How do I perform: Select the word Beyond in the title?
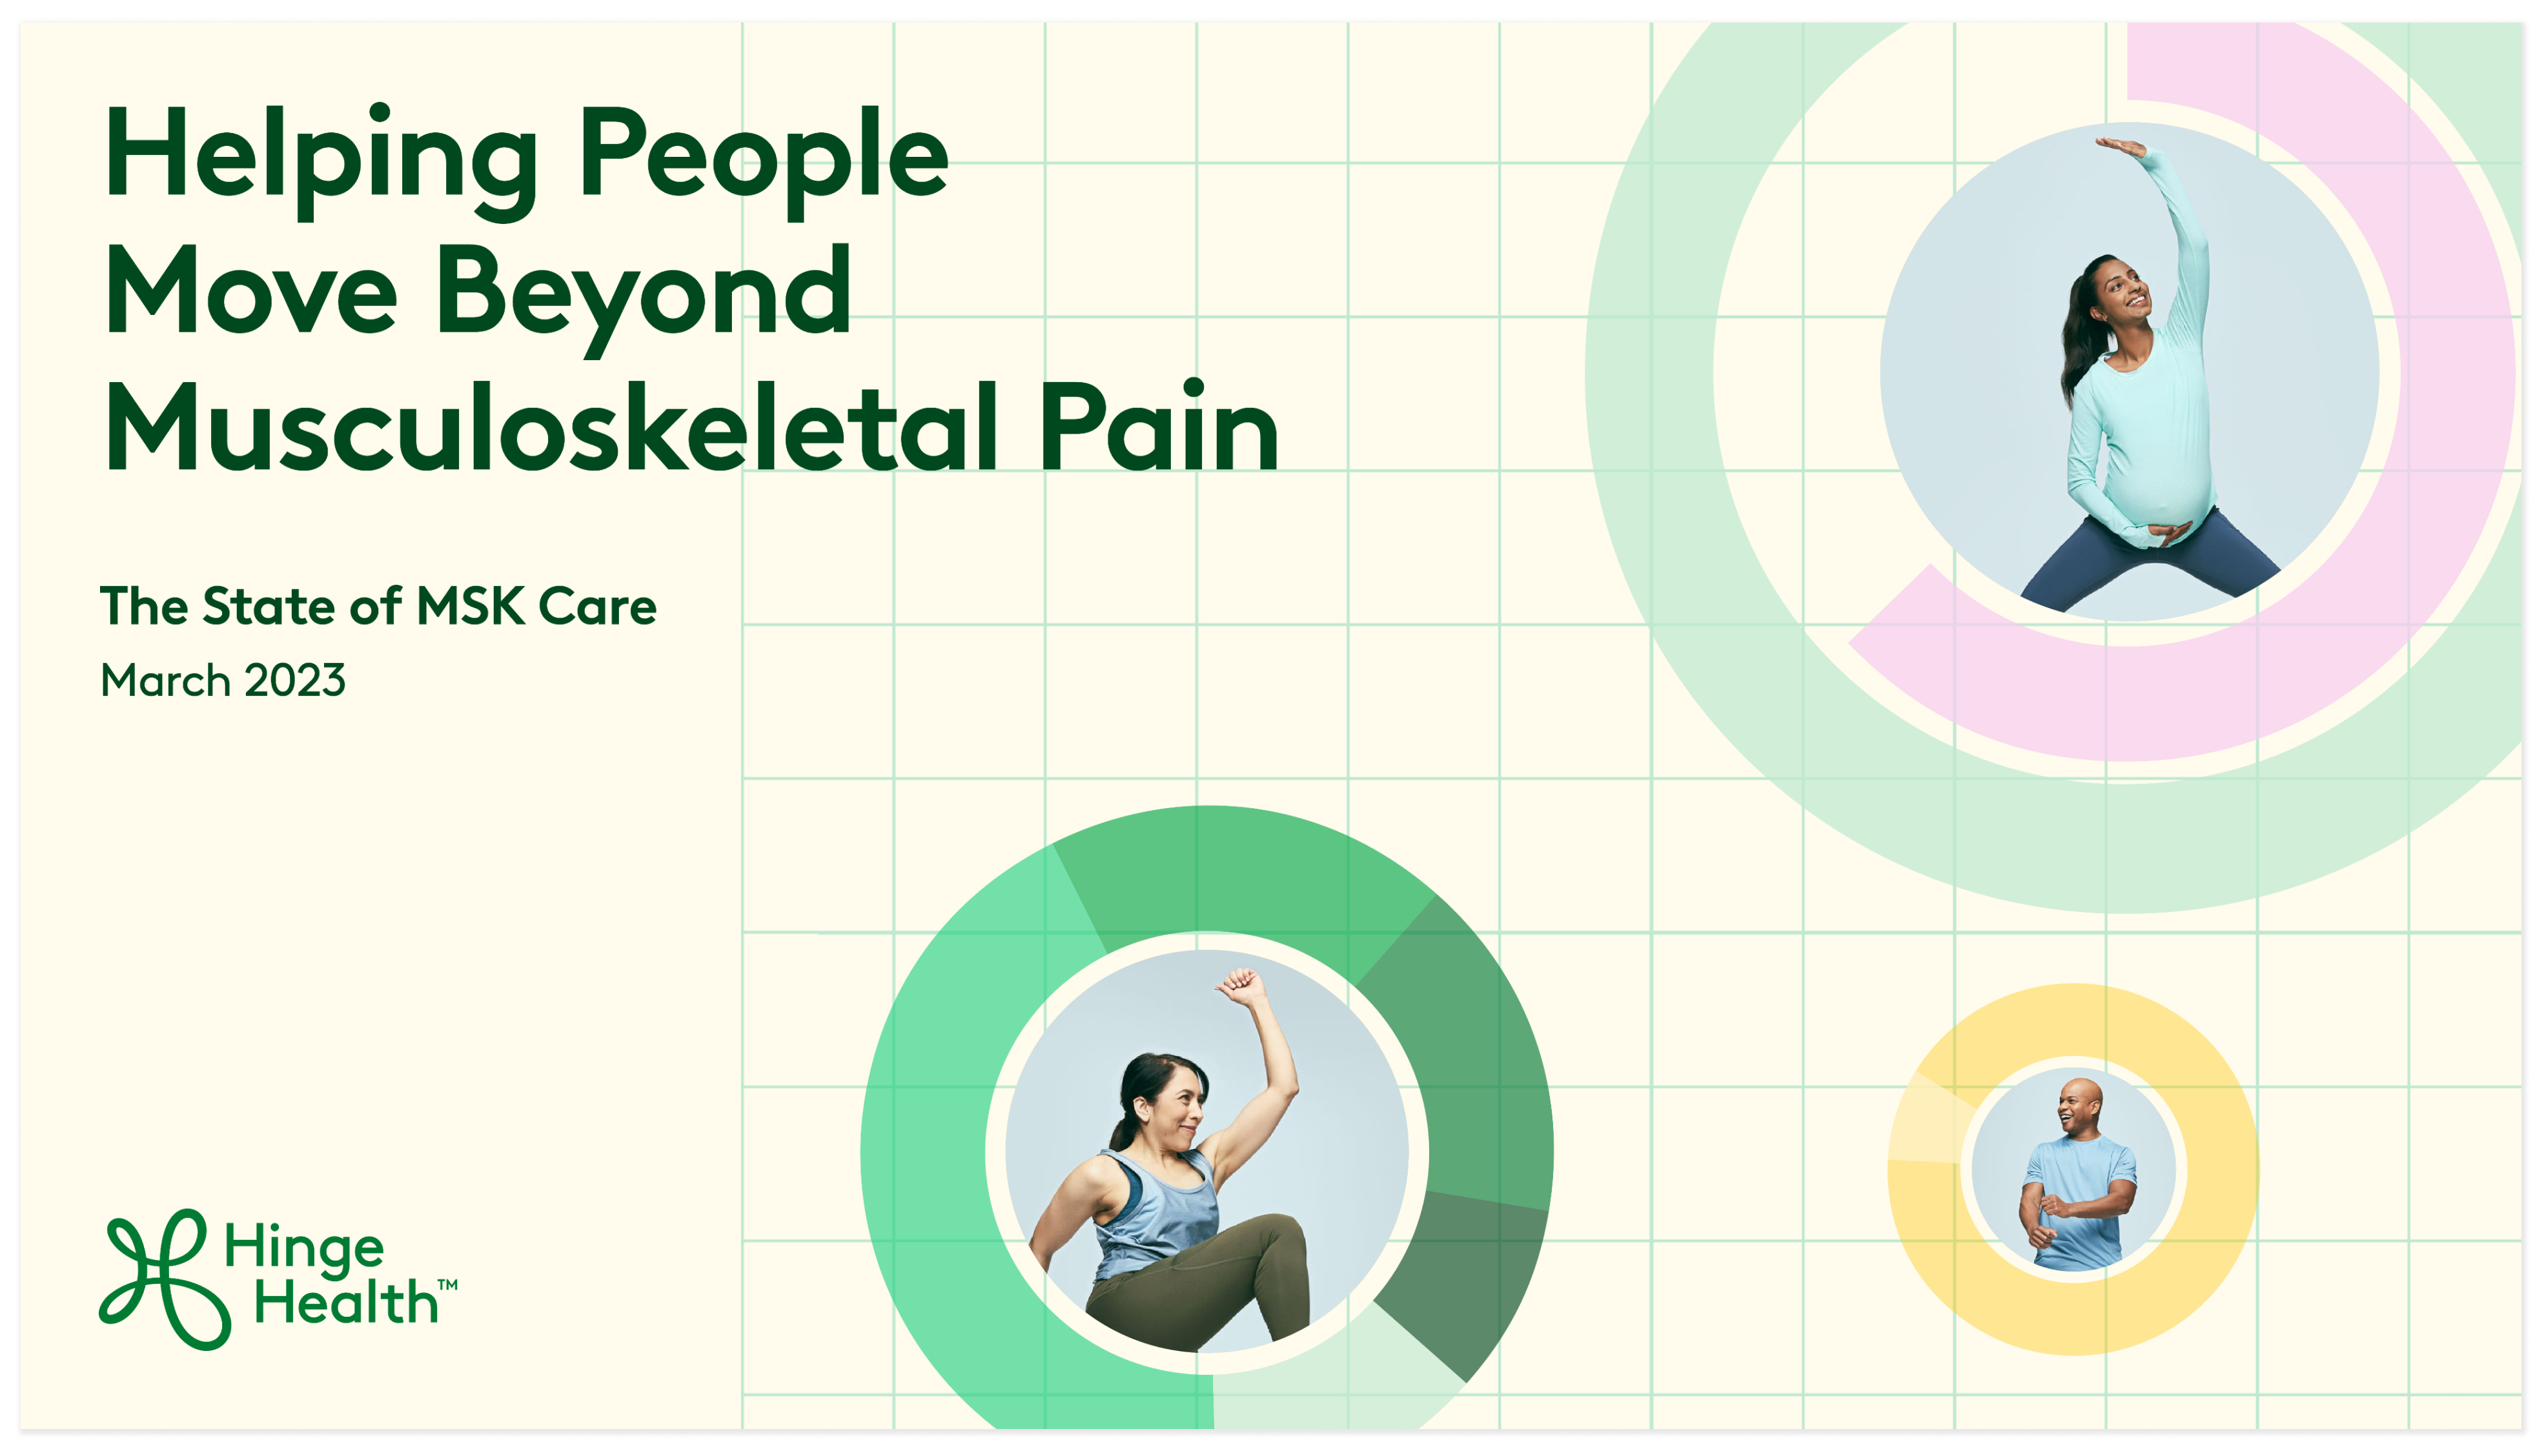tap(644, 296)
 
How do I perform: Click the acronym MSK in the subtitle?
tap(471, 606)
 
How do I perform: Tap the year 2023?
tap(295, 681)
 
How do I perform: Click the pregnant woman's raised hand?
tap(2119, 148)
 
